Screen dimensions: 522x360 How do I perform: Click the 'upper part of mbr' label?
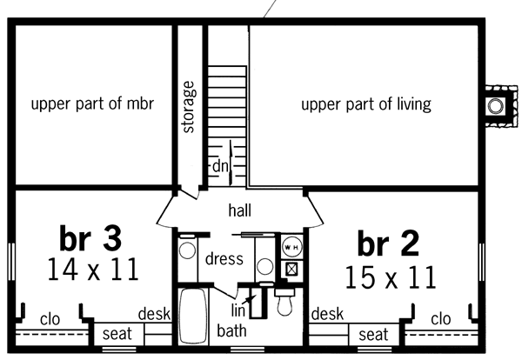(92, 104)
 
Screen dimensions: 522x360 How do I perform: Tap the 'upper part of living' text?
(366, 104)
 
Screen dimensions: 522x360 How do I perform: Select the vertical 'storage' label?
(189, 107)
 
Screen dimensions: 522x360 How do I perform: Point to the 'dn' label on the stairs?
(220, 166)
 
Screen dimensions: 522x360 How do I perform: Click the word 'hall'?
(240, 210)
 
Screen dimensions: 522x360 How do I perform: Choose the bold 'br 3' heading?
(90, 238)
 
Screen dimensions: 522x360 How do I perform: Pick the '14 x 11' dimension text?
(93, 270)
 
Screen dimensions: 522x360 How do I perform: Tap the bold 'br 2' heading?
(388, 243)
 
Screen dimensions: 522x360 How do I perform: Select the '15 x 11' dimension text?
(391, 277)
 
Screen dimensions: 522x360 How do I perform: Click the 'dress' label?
(224, 258)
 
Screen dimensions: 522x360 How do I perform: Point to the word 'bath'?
(231, 330)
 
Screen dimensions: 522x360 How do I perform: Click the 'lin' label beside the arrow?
(238, 310)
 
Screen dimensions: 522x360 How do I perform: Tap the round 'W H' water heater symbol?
(292, 247)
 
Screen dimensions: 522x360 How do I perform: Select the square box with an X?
(291, 270)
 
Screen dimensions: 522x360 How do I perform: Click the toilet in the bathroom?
(284, 301)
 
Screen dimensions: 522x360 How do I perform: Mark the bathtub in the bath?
(193, 316)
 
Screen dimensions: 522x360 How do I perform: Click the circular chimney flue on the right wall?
(495, 106)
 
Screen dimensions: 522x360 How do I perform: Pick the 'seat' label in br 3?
(117, 334)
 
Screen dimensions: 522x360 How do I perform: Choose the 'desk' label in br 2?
(327, 314)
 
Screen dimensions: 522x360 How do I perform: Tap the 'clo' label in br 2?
(441, 319)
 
